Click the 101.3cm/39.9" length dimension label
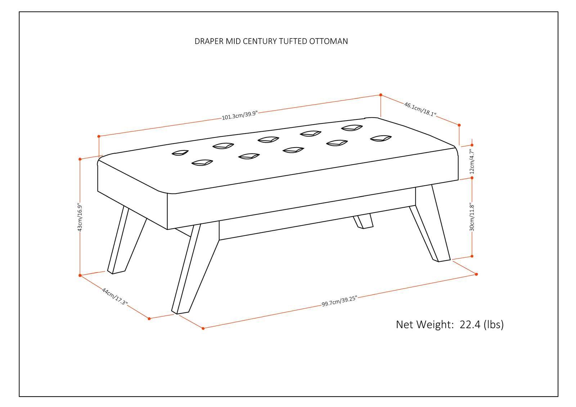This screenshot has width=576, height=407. coord(240,116)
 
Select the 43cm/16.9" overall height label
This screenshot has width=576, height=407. coord(80,218)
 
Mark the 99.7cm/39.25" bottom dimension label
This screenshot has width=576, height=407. coord(339,301)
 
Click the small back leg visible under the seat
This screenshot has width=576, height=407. coord(364,221)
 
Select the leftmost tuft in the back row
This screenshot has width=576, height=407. coord(180,153)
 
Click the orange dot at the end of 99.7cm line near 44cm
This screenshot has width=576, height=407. coord(203,328)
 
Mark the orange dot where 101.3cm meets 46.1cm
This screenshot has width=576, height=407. coord(381,95)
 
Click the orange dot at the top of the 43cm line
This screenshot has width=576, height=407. coord(80,159)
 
